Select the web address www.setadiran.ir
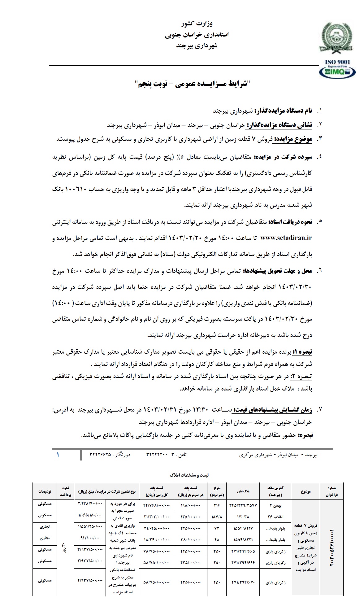point(286,238)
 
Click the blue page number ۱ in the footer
point(58,455)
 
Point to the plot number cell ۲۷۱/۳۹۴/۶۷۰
point(243,583)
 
